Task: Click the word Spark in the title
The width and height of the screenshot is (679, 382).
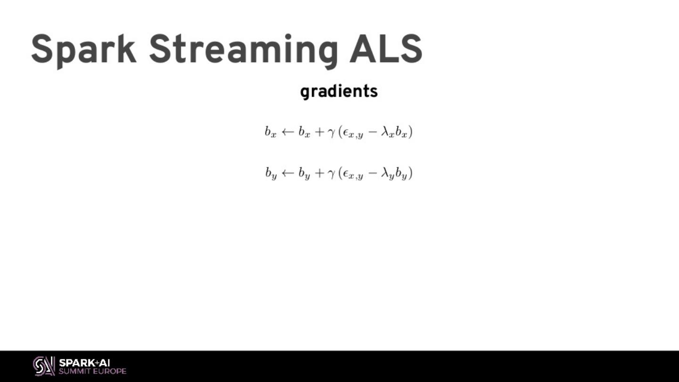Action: [x=83, y=50]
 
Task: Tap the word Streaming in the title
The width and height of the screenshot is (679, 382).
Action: [x=243, y=50]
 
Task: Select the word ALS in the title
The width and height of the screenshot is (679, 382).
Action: [x=386, y=50]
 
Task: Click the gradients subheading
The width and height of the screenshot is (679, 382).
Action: [x=339, y=91]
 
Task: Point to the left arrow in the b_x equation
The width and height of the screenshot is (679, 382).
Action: [x=288, y=132]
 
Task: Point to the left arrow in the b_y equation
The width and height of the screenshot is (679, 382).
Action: [x=288, y=174]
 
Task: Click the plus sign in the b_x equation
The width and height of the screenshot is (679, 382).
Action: [x=319, y=132]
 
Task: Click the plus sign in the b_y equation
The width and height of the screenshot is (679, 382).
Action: [x=319, y=174]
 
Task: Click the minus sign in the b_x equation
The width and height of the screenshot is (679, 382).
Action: [x=373, y=132]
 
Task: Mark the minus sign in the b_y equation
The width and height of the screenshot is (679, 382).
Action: [x=373, y=174]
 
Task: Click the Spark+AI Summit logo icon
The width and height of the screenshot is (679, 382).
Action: [x=44, y=366]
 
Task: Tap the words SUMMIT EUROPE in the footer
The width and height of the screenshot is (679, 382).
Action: [x=92, y=371]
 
